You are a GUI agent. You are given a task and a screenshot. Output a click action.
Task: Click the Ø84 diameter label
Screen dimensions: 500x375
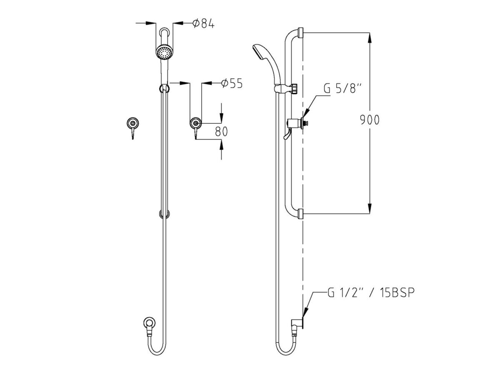coord(203,24)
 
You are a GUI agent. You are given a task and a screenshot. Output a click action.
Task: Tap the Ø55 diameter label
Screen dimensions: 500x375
coord(232,84)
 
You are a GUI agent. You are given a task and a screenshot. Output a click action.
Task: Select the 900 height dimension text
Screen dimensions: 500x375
coord(370,120)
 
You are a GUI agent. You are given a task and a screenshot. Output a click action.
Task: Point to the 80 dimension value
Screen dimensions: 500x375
coord(221,132)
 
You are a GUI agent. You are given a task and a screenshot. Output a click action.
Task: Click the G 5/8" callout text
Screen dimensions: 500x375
coord(343,89)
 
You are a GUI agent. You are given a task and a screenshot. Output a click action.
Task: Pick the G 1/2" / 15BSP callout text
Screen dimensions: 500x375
coord(371,293)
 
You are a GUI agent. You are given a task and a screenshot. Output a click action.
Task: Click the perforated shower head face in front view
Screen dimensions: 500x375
coord(165,52)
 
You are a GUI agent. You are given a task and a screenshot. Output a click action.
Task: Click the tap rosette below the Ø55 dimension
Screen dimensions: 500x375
coord(196,123)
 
